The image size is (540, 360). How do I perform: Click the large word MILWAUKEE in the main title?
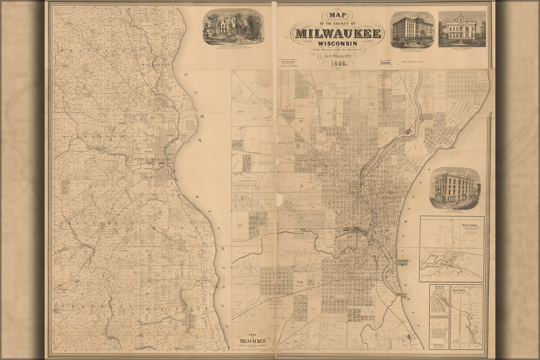click(338, 33)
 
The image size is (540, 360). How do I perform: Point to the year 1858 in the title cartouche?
click(338, 63)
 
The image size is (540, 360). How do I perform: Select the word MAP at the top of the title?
click(338, 15)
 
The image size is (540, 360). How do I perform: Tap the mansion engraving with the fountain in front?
click(462, 29)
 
